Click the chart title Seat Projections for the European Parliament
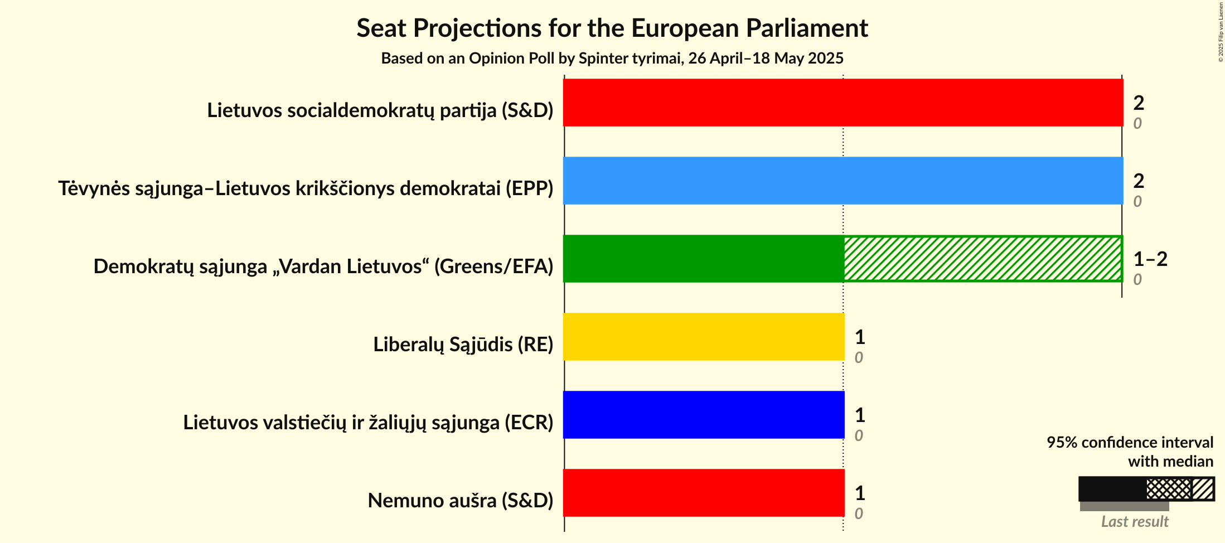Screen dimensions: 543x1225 (612, 28)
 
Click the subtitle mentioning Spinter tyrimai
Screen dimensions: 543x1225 (612, 59)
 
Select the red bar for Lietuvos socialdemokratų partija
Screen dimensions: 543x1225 (843, 103)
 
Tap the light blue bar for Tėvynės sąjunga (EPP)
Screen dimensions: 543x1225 (843, 181)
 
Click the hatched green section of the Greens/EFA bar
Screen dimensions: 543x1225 (982, 259)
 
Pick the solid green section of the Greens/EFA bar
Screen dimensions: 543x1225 (703, 259)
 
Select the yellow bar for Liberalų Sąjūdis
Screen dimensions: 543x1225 (703, 337)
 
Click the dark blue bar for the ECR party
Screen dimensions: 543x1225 (703, 415)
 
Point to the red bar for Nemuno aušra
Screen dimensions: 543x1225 (703, 493)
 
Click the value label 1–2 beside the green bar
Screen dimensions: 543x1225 (1150, 259)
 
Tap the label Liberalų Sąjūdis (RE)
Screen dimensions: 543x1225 (463, 345)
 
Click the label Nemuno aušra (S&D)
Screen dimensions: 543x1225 (460, 501)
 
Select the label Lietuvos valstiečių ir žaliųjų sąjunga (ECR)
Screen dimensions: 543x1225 (368, 423)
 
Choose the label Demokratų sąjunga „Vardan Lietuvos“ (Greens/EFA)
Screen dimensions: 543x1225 (323, 266)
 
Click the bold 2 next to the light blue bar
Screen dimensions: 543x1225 (1139, 181)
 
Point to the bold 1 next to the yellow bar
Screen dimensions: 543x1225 (860, 337)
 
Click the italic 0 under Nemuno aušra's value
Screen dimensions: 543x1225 (859, 513)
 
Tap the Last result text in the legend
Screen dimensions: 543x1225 (1135, 522)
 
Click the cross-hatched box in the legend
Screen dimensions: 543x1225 (1169, 489)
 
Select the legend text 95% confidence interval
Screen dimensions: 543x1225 (1130, 442)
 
